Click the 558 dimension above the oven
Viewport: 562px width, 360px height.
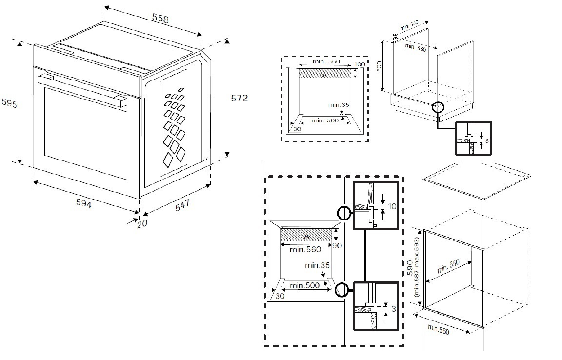(161, 19)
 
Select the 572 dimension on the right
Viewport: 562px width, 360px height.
(239, 99)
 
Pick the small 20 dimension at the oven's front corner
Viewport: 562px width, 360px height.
(142, 224)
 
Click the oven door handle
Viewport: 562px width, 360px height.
(81, 89)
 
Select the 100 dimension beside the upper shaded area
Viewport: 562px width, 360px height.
(359, 64)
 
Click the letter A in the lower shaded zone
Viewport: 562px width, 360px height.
(306, 236)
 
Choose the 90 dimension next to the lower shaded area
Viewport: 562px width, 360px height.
(337, 246)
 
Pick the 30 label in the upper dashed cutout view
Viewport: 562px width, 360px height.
(297, 129)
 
